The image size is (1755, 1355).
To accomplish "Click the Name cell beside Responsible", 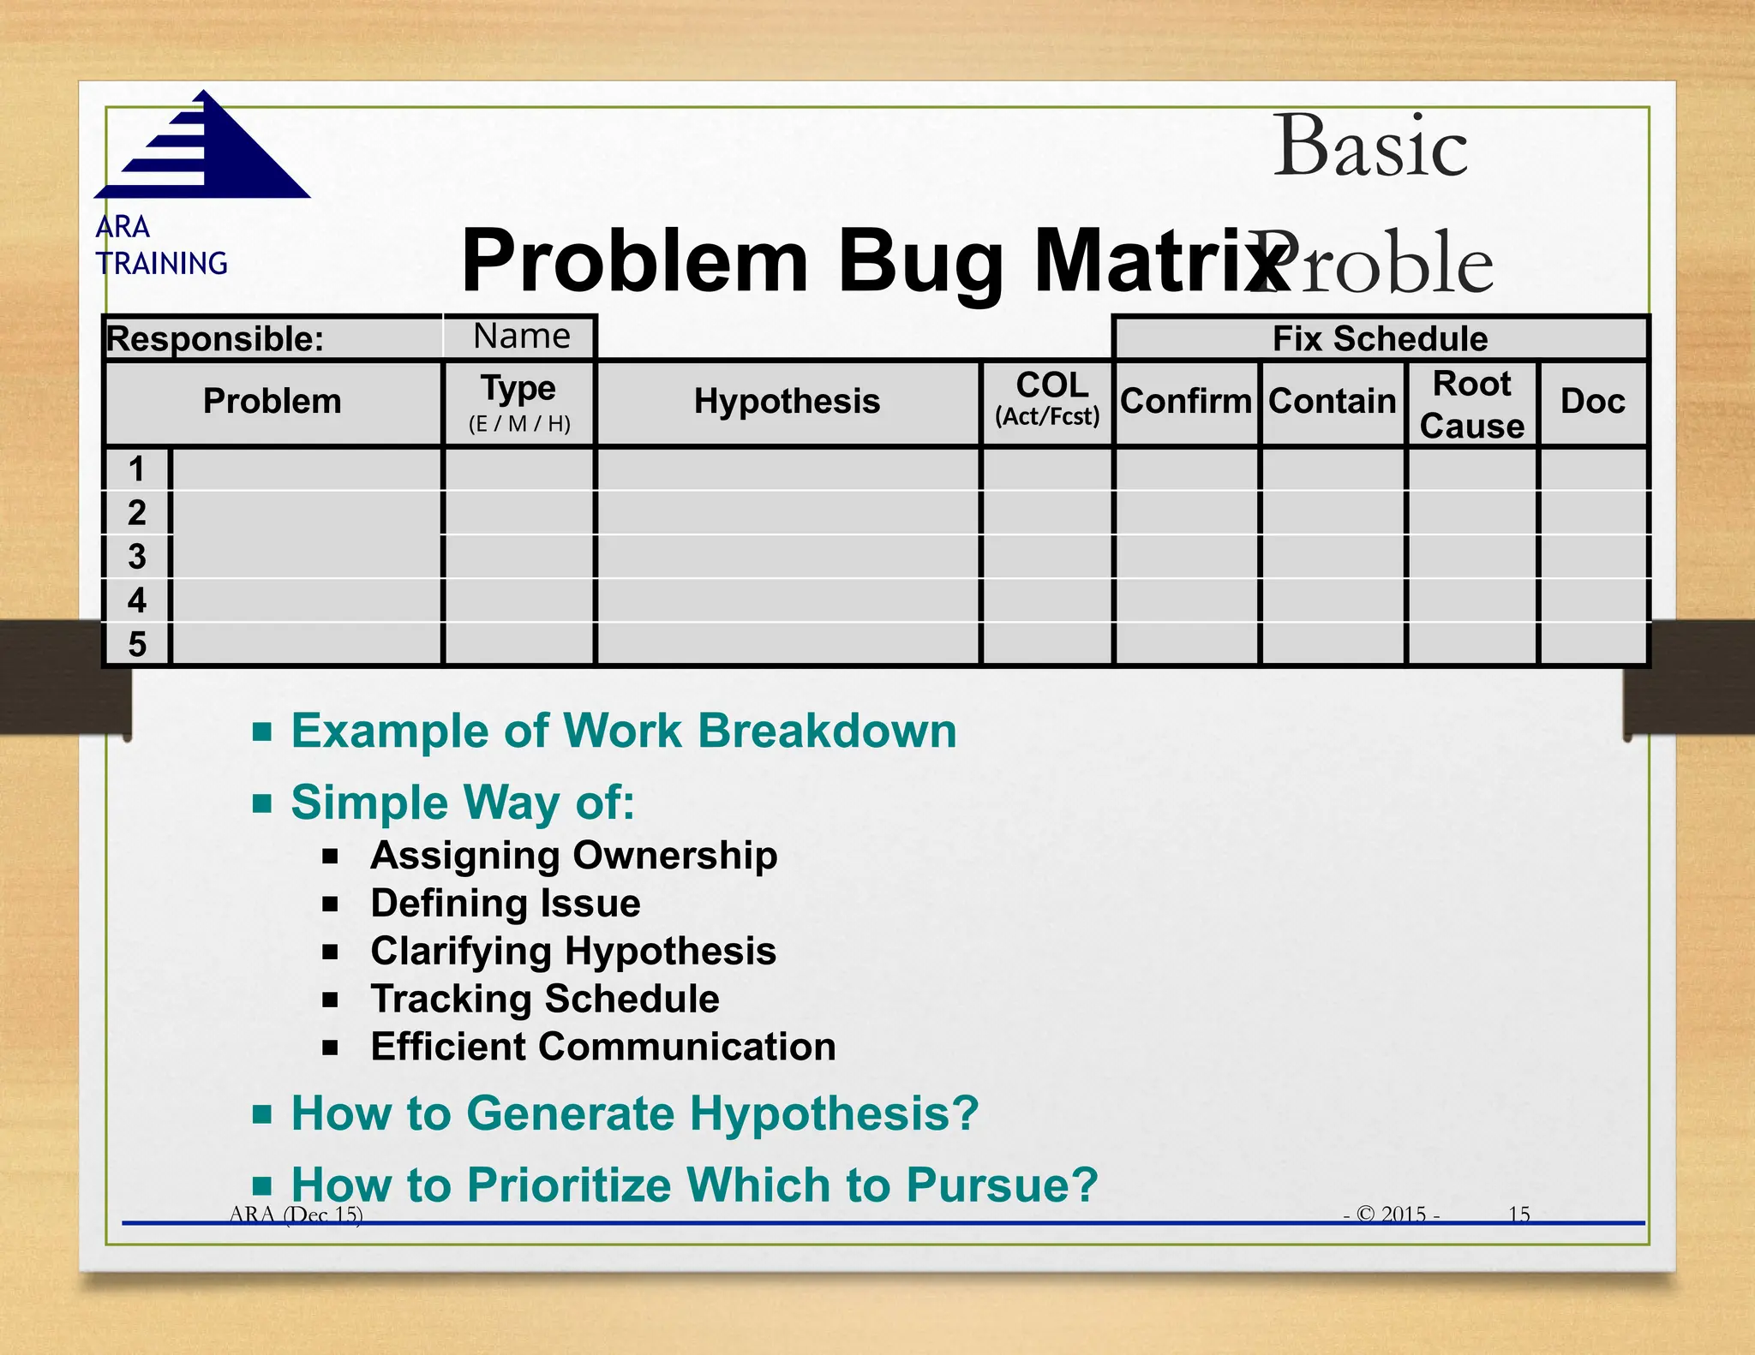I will click(x=521, y=337).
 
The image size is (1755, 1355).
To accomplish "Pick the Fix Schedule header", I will click(x=1380, y=338).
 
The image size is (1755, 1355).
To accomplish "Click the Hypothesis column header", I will click(x=787, y=402).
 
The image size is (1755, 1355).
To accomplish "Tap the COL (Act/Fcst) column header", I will click(x=1047, y=400).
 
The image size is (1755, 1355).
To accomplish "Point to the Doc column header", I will click(x=1592, y=402).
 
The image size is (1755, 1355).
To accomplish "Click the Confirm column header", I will click(x=1185, y=402).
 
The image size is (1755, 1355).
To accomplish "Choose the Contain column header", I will click(x=1332, y=402).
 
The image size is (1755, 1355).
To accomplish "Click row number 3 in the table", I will click(x=137, y=557).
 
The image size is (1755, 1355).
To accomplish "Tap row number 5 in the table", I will click(x=137, y=644).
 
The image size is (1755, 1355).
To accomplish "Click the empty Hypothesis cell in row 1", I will click(x=787, y=469).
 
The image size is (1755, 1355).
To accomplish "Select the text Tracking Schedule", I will click(x=544, y=999).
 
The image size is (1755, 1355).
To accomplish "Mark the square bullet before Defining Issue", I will click(x=331, y=904).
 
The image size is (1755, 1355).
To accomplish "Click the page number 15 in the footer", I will click(x=1518, y=1214).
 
